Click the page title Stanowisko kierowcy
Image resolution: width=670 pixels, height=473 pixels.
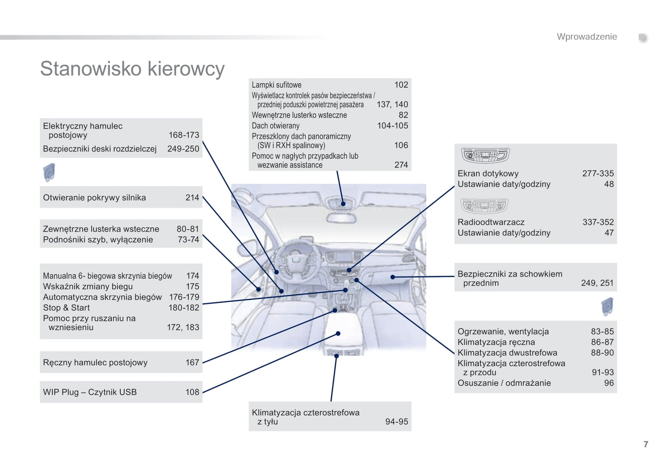pyautogui.click(x=132, y=69)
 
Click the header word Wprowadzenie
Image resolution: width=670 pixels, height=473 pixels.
pyautogui.click(x=587, y=37)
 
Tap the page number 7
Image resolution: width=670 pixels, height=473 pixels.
pyautogui.click(x=645, y=444)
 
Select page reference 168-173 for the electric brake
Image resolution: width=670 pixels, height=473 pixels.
pyautogui.click(x=184, y=135)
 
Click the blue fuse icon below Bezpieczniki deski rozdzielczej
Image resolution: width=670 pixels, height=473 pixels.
pyautogui.click(x=49, y=172)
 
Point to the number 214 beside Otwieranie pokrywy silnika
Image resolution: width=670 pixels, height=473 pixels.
pyautogui.click(x=192, y=198)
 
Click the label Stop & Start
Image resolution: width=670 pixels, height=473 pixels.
pyautogui.click(x=66, y=308)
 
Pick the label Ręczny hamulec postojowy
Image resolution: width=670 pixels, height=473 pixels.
pyautogui.click(x=95, y=363)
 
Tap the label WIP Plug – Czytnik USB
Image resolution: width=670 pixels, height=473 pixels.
pyautogui.click(x=90, y=392)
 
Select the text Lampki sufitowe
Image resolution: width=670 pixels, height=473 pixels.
pyautogui.click(x=276, y=85)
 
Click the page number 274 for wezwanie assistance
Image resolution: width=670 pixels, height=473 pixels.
pyautogui.click(x=401, y=165)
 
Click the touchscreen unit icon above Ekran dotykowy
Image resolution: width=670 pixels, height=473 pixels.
pyautogui.click(x=485, y=156)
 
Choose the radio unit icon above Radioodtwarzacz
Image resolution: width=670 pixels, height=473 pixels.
pyautogui.click(x=484, y=206)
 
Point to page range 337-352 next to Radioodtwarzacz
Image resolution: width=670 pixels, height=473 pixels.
pyautogui.click(x=598, y=222)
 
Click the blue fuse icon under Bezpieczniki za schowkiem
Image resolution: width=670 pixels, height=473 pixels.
pyautogui.click(x=607, y=307)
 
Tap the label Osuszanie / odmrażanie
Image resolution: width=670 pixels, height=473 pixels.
pyautogui.click(x=504, y=383)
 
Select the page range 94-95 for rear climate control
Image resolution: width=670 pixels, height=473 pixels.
pyautogui.click(x=396, y=421)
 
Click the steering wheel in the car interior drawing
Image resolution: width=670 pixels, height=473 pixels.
pyautogui.click(x=293, y=260)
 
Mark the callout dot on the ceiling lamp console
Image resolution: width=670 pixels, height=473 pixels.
pyautogui.click(x=343, y=204)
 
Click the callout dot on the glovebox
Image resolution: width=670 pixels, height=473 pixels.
pyautogui.click(x=393, y=277)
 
